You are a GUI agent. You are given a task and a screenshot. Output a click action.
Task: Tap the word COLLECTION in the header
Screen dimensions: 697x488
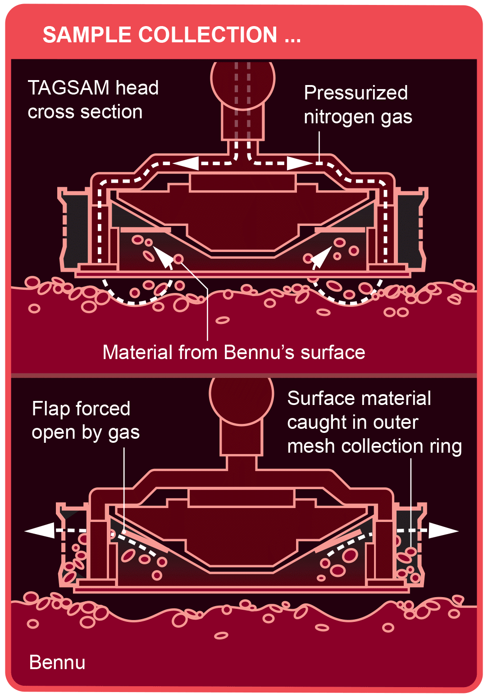208,35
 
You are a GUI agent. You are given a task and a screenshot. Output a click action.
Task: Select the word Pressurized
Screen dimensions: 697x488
356,93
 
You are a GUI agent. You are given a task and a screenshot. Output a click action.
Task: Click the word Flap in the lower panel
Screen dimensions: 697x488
50,409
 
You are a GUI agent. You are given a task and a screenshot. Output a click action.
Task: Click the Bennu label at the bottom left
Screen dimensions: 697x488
57,662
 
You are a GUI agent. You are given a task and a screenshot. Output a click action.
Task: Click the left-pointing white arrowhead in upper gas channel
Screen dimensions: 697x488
186,163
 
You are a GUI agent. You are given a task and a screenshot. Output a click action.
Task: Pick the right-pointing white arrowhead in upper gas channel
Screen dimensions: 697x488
299,163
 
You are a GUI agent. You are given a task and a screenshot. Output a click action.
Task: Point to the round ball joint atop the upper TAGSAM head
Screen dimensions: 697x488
242,83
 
